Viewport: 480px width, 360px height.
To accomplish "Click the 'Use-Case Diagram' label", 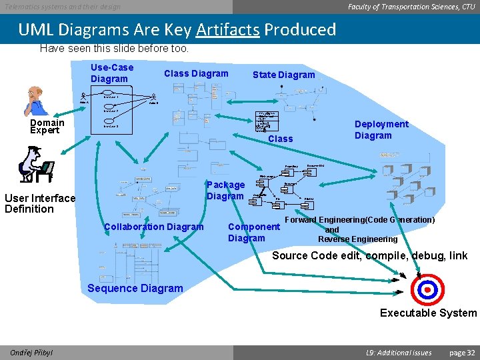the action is click(112, 73).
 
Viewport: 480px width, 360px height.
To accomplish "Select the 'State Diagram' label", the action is click(283, 75).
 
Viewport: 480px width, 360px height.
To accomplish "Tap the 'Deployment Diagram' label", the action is click(381, 130).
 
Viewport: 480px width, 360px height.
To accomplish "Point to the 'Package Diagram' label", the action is click(225, 190).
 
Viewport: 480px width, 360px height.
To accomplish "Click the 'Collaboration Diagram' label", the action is click(154, 227).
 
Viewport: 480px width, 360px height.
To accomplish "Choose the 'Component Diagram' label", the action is click(253, 232).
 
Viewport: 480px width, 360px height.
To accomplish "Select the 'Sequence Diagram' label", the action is click(135, 288).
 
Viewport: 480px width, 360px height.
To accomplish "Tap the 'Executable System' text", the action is click(428, 313).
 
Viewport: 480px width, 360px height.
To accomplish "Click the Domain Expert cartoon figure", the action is click(35, 101).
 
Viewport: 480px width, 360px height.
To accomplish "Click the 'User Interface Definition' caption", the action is click(40, 203).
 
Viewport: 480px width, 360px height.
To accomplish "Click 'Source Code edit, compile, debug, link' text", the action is click(370, 255).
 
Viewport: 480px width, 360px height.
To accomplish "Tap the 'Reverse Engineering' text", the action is click(357, 239).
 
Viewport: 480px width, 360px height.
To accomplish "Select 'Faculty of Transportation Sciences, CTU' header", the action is click(411, 6).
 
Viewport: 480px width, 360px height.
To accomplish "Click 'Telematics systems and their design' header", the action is click(63, 6).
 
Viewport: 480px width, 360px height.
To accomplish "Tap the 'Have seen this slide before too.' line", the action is click(114, 48).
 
